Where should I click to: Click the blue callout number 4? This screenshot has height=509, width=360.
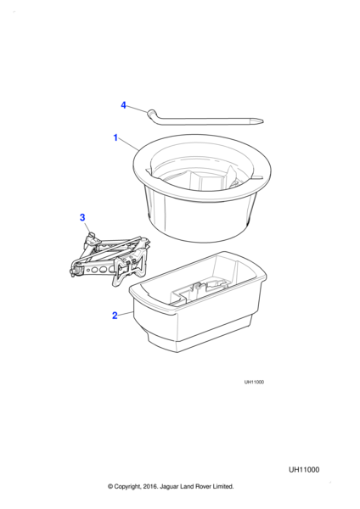click(123, 105)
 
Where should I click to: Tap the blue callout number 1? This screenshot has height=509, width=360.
click(115, 137)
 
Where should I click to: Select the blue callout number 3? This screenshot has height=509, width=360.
click(82, 217)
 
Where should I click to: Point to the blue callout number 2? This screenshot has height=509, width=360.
click(115, 316)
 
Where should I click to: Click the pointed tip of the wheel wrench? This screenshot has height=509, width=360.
click(262, 121)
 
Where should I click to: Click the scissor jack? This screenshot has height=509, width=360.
click(110, 259)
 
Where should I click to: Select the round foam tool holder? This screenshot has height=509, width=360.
click(202, 188)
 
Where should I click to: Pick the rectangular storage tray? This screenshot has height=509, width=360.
click(198, 301)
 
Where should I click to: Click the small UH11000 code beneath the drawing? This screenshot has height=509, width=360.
click(254, 382)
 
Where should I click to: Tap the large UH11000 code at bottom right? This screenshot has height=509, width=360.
click(304, 470)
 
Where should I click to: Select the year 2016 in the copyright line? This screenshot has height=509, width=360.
click(149, 487)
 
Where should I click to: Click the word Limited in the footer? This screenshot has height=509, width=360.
click(223, 487)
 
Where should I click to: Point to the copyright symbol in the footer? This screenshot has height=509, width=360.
click(110, 487)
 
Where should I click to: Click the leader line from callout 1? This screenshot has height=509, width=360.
click(128, 144)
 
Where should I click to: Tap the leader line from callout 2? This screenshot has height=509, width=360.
click(126, 314)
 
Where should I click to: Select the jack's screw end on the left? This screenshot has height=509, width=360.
click(74, 270)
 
